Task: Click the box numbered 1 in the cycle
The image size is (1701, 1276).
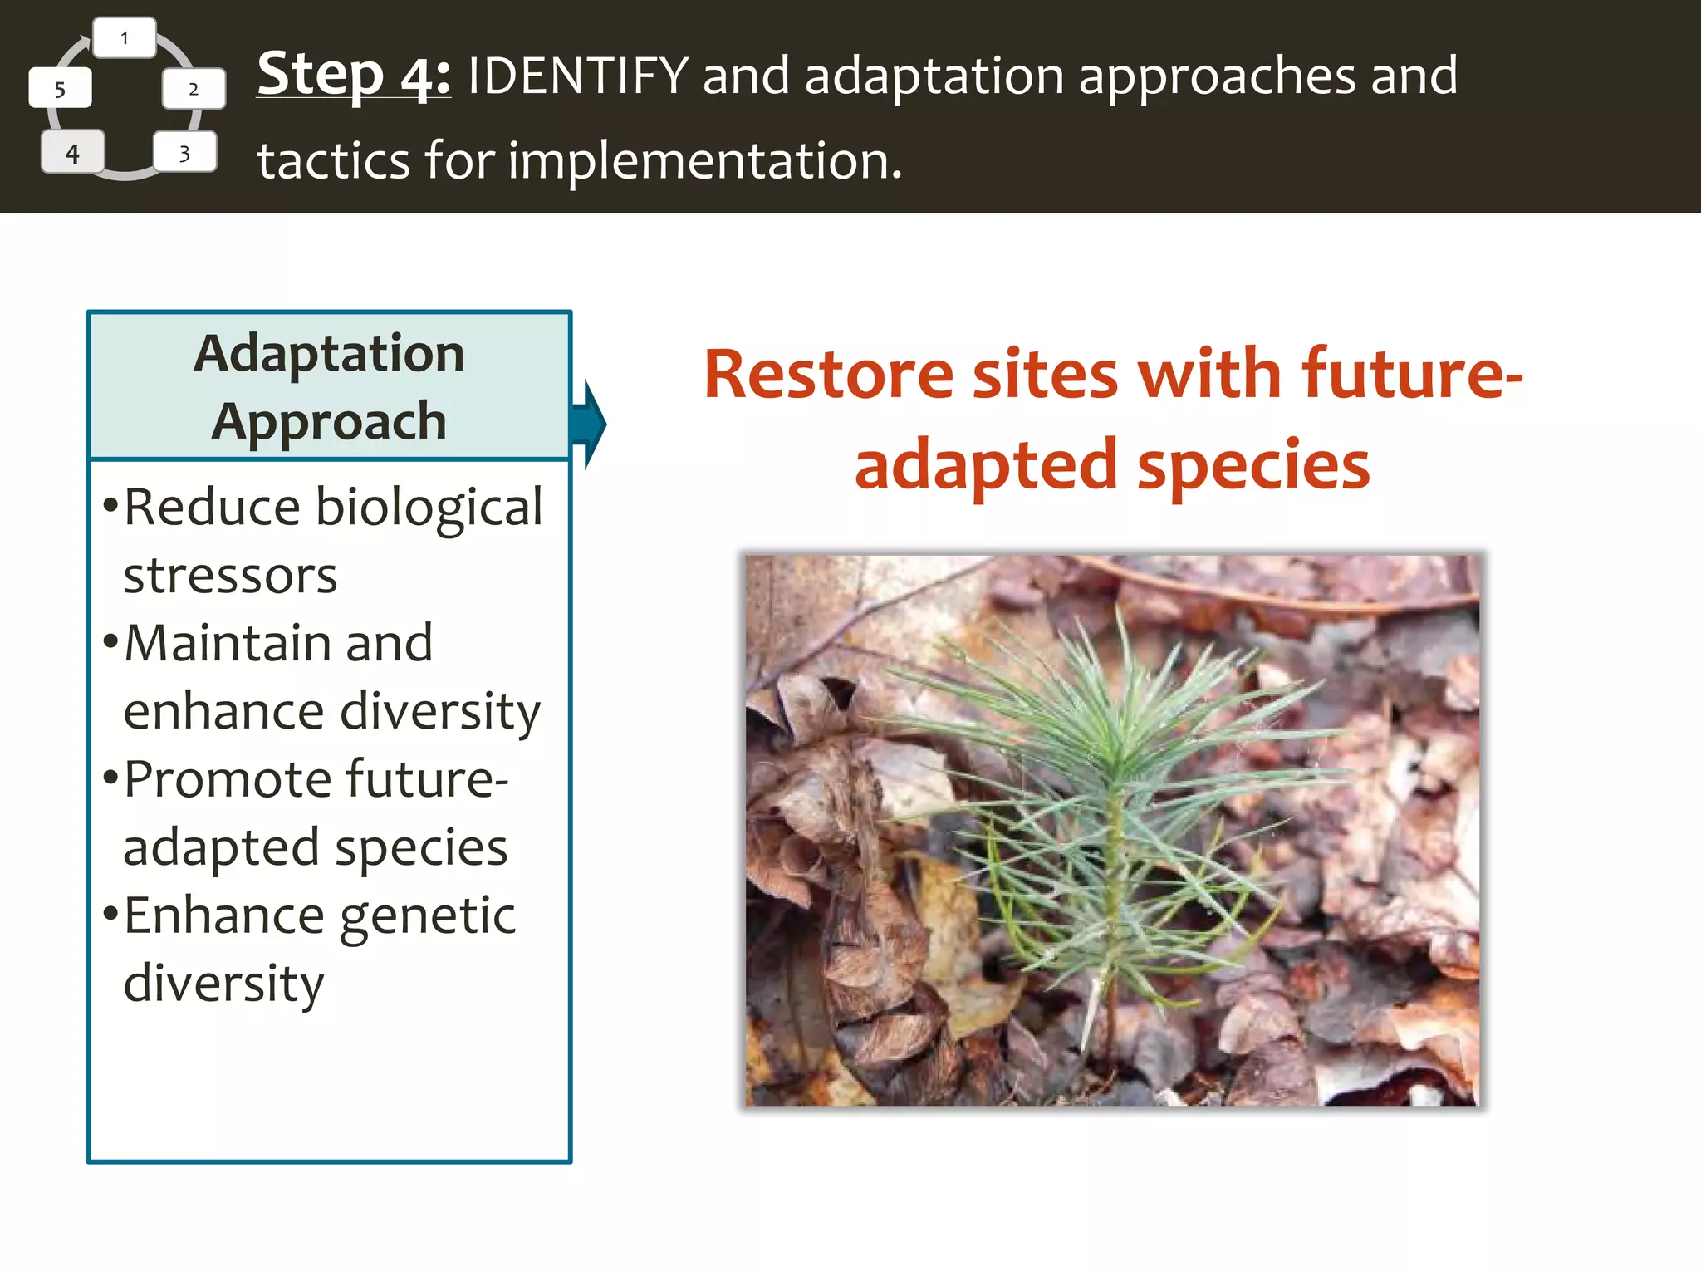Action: tap(125, 38)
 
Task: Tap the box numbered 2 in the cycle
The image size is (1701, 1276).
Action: tap(194, 89)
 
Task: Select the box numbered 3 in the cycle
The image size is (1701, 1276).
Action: tap(184, 153)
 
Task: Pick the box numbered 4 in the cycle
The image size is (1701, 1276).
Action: tap(73, 153)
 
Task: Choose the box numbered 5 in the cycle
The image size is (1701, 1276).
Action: tap(60, 89)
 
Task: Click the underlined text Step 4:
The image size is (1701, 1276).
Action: tap(354, 75)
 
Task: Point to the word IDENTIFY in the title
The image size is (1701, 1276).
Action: tap(578, 76)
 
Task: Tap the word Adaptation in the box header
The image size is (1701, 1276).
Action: tap(329, 354)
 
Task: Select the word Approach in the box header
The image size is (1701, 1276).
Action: tap(329, 422)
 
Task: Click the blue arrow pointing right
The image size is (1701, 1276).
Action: tap(591, 425)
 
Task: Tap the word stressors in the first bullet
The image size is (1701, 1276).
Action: tap(230, 576)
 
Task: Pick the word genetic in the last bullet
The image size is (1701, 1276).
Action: tap(428, 917)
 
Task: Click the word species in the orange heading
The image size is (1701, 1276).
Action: tap(1253, 466)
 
